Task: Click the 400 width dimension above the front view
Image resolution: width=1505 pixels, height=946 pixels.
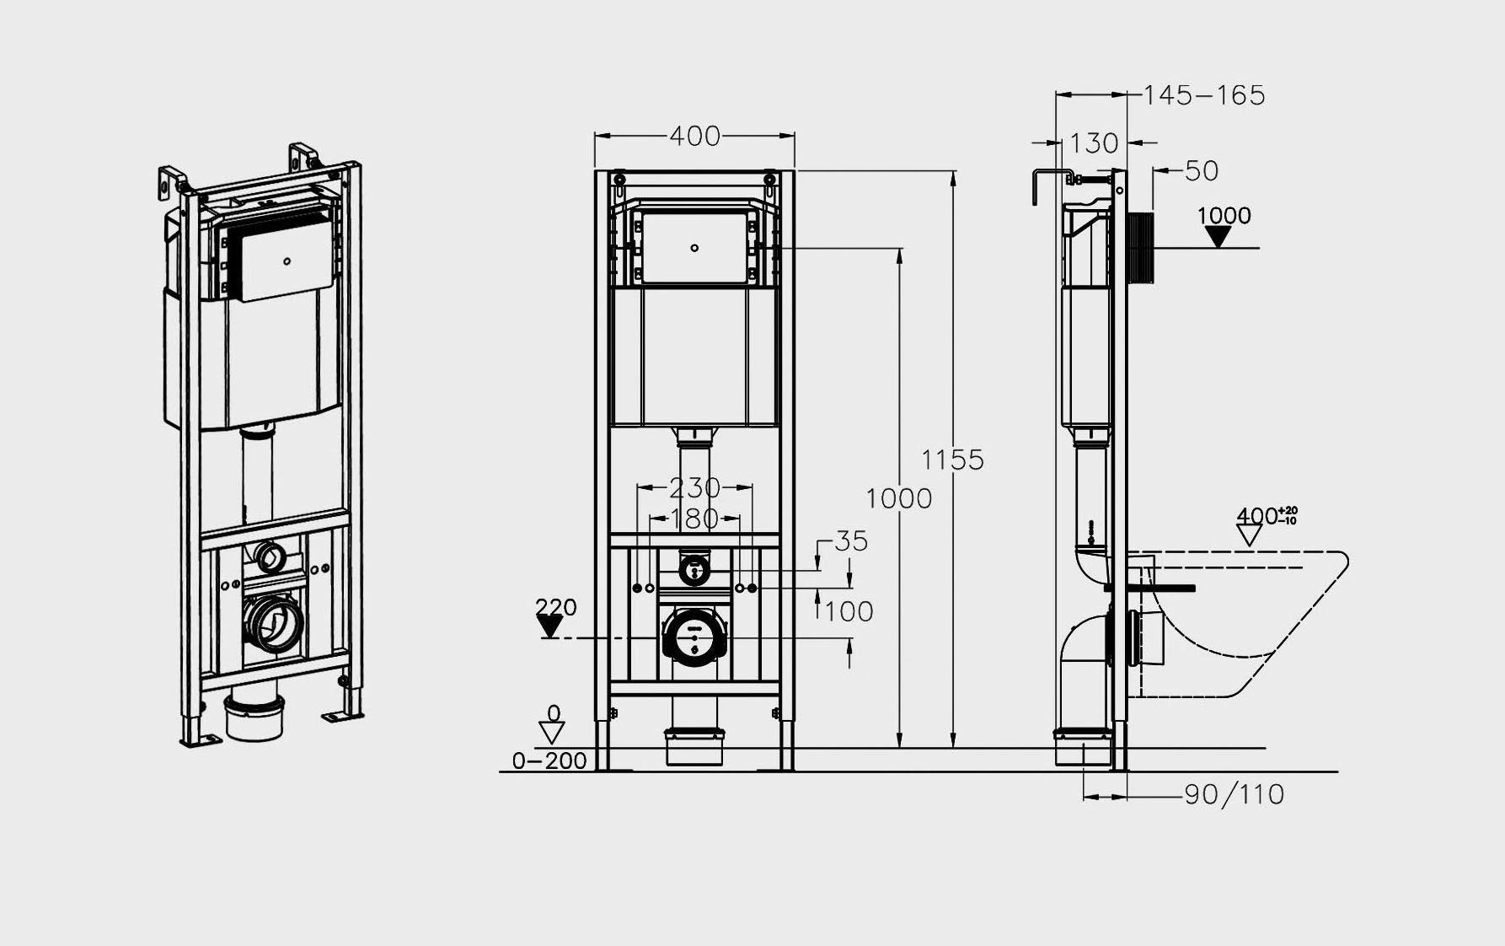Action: (x=695, y=136)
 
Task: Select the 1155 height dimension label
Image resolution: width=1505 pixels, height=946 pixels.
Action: (x=952, y=460)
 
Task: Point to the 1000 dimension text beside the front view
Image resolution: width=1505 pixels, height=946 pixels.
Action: (x=899, y=498)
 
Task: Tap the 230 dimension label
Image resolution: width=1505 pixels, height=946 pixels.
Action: (x=694, y=487)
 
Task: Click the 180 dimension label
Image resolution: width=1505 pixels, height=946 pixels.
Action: (x=694, y=519)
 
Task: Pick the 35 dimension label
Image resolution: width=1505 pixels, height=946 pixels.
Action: (x=851, y=541)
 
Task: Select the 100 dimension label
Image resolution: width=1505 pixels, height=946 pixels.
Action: (x=849, y=611)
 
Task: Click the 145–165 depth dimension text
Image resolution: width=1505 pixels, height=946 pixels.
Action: (x=1204, y=95)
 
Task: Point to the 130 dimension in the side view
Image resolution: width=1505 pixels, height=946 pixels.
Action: (x=1094, y=143)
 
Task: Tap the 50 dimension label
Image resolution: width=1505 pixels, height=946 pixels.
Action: (x=1202, y=171)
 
